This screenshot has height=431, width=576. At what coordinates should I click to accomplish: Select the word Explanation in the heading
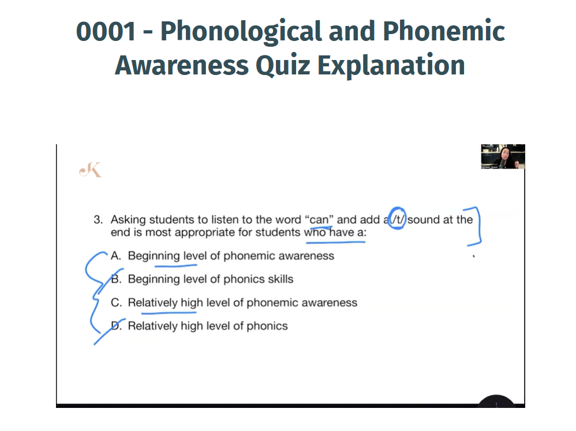(x=391, y=65)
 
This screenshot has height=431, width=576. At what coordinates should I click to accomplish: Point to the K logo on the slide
(x=91, y=170)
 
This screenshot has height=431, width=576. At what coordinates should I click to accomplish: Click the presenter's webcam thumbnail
(x=503, y=156)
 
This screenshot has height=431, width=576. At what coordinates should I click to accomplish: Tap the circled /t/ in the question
(x=397, y=219)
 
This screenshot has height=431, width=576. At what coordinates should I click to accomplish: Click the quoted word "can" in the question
(x=319, y=219)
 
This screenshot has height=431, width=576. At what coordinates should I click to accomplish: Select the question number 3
(x=98, y=219)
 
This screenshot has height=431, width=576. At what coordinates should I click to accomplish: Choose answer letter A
(x=115, y=256)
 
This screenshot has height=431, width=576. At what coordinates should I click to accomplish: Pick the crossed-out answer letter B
(x=115, y=279)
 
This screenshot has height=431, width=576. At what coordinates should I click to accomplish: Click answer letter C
(x=116, y=302)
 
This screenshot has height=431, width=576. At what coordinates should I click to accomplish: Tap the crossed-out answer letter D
(x=115, y=325)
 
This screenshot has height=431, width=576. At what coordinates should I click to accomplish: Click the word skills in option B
(x=280, y=279)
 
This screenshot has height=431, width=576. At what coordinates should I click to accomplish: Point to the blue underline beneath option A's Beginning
(x=175, y=265)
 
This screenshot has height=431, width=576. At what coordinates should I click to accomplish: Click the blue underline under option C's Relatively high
(x=169, y=313)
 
